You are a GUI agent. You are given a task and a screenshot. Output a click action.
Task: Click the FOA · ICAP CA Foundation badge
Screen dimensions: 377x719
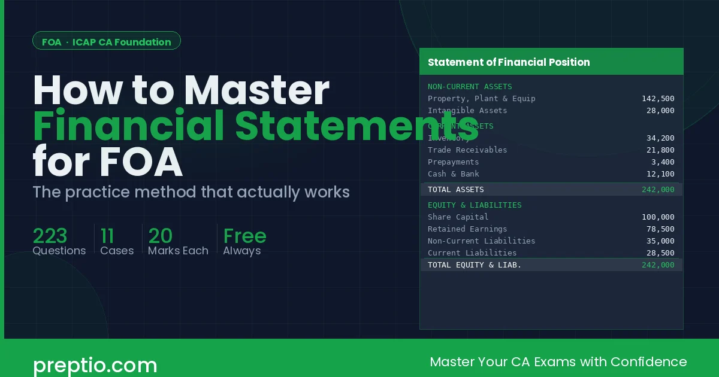[107, 42]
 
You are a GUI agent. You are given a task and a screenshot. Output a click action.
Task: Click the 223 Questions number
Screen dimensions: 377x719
[50, 236]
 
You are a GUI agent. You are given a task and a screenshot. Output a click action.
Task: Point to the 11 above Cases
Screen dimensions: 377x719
[108, 236]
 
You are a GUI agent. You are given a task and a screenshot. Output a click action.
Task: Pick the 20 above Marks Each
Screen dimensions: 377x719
[161, 236]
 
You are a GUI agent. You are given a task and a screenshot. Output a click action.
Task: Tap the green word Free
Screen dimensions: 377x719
[244, 236]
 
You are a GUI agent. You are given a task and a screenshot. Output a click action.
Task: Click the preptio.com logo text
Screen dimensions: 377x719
[95, 364]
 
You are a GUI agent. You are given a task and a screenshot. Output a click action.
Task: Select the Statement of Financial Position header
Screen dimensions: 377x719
[509, 62]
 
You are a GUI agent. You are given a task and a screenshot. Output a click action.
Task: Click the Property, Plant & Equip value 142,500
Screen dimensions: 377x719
[658, 99]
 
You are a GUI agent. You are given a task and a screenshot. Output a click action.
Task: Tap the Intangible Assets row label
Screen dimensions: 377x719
[467, 111]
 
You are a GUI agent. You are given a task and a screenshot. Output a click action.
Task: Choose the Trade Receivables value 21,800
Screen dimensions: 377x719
[660, 150]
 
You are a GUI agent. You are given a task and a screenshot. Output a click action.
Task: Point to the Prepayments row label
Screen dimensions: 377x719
[453, 162]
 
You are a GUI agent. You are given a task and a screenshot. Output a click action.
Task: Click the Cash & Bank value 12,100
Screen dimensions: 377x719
[660, 174]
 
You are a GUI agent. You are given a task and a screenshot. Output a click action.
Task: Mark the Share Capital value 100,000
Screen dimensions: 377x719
[658, 217]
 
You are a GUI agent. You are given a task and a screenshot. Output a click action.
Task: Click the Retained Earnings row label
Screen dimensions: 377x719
[467, 229]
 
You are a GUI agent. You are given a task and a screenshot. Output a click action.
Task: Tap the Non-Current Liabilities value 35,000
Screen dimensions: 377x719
[660, 241]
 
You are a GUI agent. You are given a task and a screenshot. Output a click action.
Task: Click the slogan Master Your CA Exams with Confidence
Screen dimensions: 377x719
[558, 361]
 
